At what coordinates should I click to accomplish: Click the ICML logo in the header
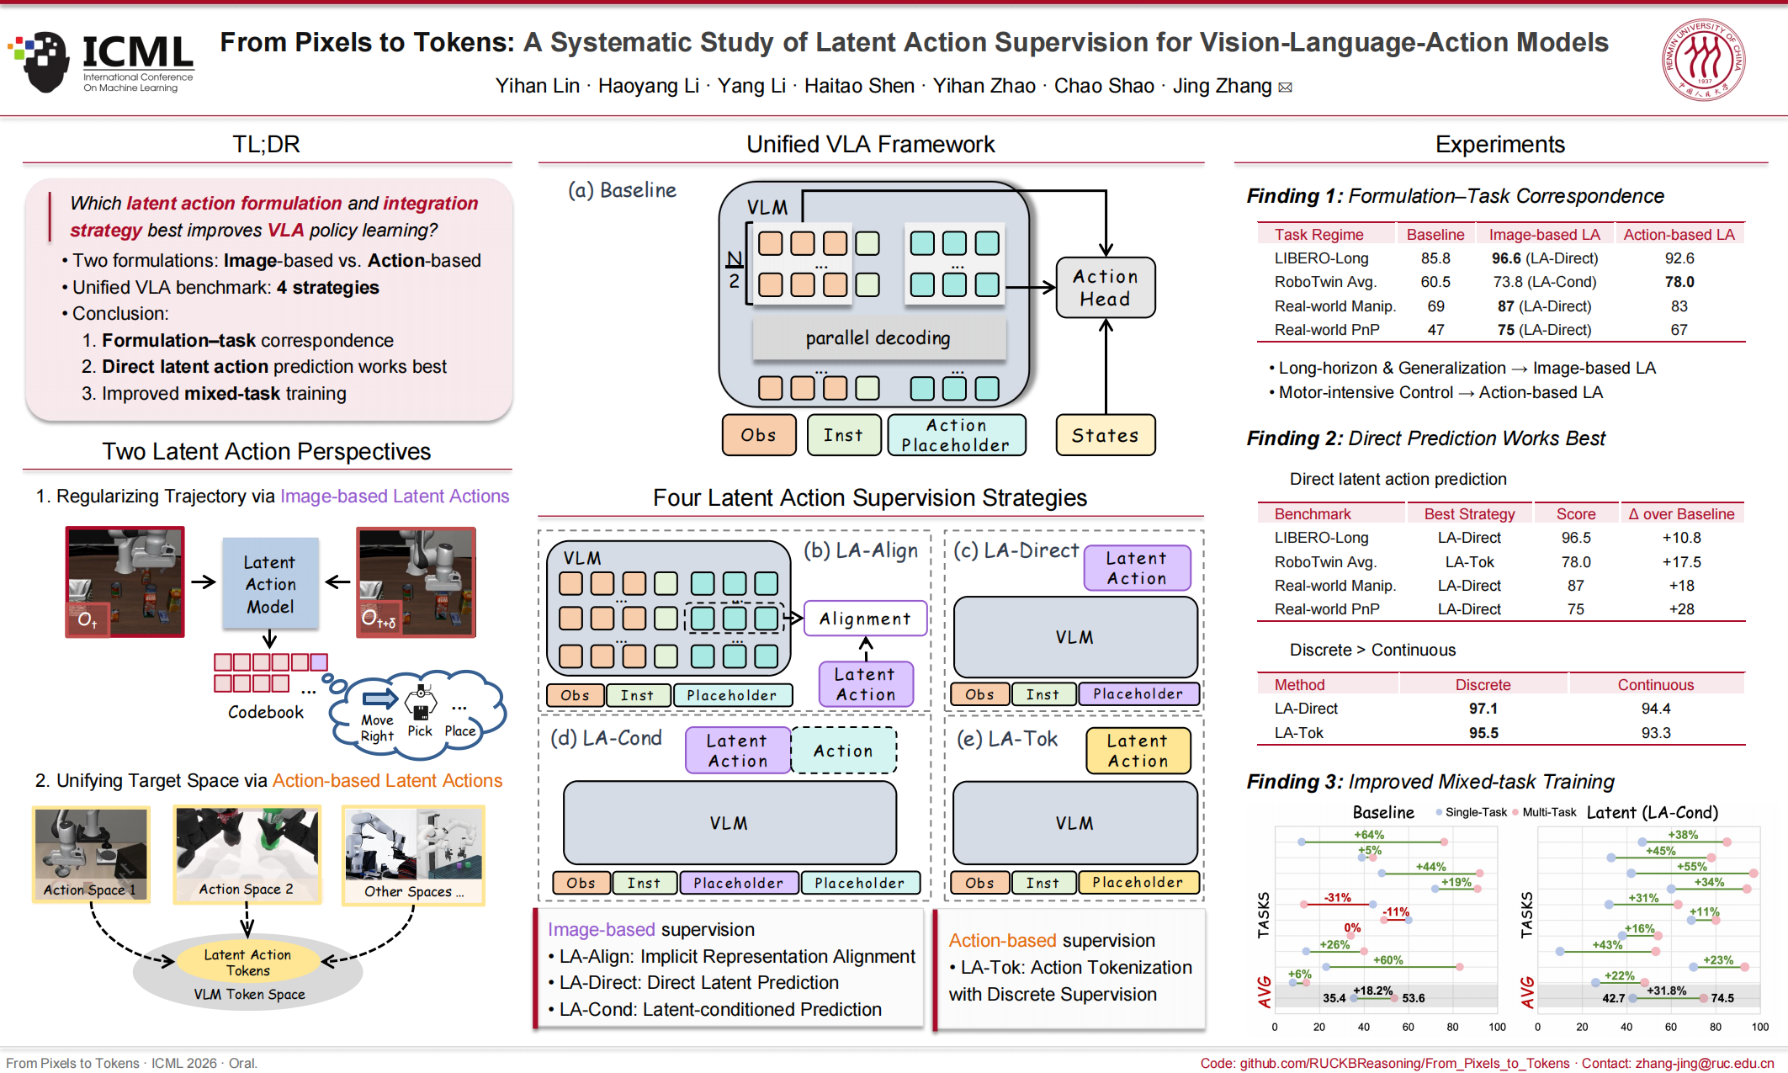101,61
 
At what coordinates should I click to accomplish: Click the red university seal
1704,60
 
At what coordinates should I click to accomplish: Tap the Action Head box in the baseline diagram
1106,288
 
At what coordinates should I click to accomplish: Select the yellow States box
1106,435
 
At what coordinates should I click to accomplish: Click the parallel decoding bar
878,337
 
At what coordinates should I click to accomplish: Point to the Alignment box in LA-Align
866,619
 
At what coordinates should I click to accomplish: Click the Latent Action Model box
270,584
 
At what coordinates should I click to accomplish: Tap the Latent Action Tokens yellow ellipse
247,962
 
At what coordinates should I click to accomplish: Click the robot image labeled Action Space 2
247,854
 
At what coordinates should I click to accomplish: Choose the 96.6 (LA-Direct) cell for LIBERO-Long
1545,258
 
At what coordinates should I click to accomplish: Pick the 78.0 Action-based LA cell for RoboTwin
1679,282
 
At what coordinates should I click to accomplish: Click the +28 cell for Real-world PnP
1682,609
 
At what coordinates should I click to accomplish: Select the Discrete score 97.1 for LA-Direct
1483,709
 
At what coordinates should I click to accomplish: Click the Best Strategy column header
1469,514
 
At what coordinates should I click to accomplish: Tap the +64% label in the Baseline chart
1369,835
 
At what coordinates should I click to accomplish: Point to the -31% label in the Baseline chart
1337,898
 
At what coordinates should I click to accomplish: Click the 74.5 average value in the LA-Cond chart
1722,998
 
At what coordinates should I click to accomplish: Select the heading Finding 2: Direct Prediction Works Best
1426,438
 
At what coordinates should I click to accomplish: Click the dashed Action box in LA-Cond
844,751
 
